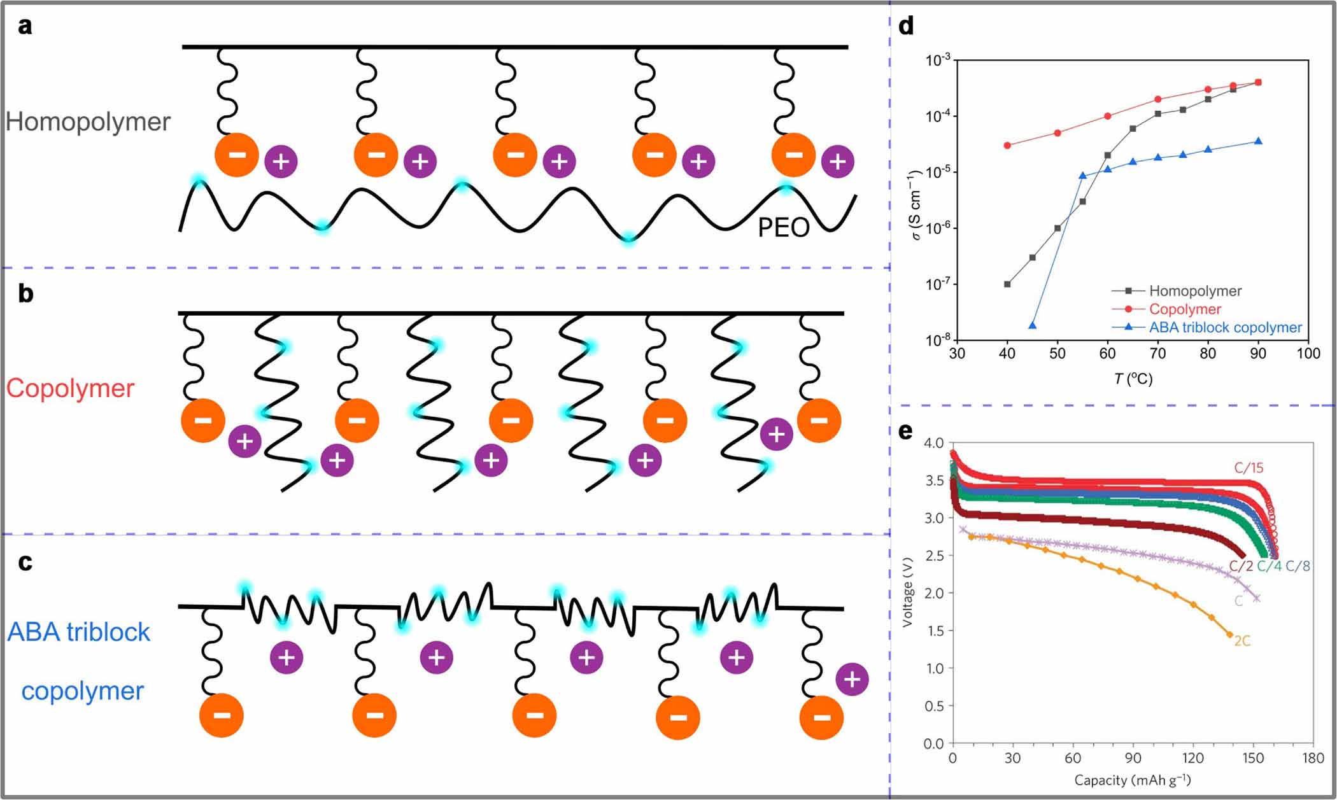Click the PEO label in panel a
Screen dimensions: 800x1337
pyautogui.click(x=783, y=228)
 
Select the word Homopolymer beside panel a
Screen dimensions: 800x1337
pyautogui.click(x=88, y=122)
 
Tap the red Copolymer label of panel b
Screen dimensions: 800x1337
pyautogui.click(x=70, y=388)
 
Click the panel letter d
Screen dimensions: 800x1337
pyautogui.click(x=905, y=26)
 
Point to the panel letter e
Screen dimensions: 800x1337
pyautogui.click(x=905, y=431)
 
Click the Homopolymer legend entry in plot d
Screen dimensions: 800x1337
pyautogui.click(x=1194, y=291)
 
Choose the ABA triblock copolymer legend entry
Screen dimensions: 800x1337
pyautogui.click(x=1225, y=328)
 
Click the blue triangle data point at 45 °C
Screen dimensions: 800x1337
pyautogui.click(x=1032, y=325)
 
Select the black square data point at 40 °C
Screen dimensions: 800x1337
pyautogui.click(x=1007, y=284)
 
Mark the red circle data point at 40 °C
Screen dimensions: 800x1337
pyautogui.click(x=1007, y=145)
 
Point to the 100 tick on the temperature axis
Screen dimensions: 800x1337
pyautogui.click(x=1308, y=354)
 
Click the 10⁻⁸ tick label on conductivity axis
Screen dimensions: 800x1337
pyautogui.click(x=937, y=340)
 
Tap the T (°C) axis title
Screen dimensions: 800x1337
pyautogui.click(x=1133, y=379)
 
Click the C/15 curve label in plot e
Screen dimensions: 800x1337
pyautogui.click(x=1248, y=468)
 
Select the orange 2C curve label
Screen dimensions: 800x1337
pyautogui.click(x=1242, y=641)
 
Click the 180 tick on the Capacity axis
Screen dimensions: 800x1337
pyautogui.click(x=1313, y=758)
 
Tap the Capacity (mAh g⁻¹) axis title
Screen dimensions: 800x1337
pyautogui.click(x=1132, y=780)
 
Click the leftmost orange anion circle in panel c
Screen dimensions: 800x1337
pyautogui.click(x=222, y=715)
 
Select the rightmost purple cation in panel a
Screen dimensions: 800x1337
pyautogui.click(x=837, y=161)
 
